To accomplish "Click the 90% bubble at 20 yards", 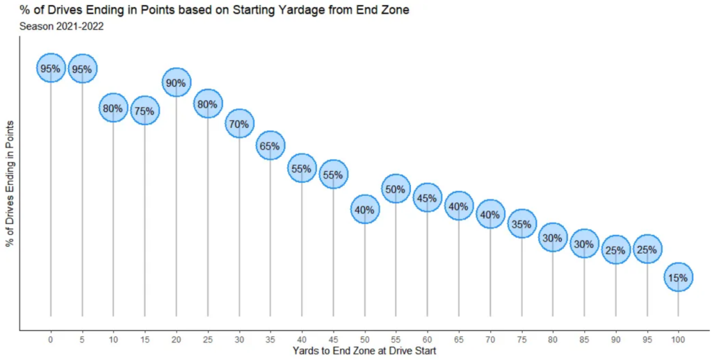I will tap(176, 83).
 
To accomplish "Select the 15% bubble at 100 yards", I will tap(678, 277).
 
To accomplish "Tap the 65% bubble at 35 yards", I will tap(270, 146).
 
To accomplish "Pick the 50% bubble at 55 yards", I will tap(396, 188).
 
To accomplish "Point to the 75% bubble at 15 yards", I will tap(145, 110).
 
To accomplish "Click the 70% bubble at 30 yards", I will tap(239, 124).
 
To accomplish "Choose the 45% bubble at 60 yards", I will tap(427, 198).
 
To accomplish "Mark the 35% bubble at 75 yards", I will tap(521, 224).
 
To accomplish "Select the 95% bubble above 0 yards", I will tap(51, 68).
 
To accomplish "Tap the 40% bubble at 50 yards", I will tap(364, 209).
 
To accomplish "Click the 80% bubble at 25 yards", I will tap(208, 104).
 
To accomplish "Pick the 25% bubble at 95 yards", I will tap(647, 249).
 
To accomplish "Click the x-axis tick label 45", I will tap(333, 339).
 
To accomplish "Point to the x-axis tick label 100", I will tap(678, 339).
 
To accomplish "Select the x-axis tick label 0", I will tap(51, 339).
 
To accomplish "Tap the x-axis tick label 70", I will tap(490, 339).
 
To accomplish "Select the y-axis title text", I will tap(10, 183).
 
